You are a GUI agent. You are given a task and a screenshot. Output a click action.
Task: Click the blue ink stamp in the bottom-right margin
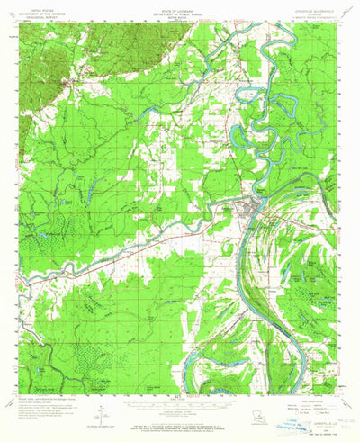coord(310,429)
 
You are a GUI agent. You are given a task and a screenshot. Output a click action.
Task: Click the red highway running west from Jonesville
coord(135,243)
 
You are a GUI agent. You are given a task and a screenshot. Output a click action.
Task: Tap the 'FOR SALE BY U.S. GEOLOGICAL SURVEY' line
coord(179,420)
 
